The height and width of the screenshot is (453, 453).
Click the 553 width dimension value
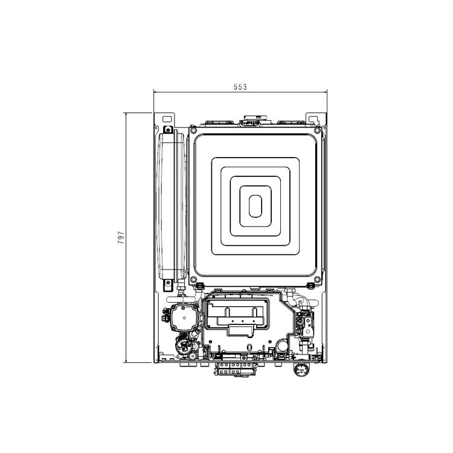click(240, 86)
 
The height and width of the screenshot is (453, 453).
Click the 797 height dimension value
click(121, 237)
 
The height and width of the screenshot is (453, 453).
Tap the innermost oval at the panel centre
click(255, 206)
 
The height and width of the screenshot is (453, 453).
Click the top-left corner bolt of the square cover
click(193, 130)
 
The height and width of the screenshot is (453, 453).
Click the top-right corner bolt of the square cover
click(317, 130)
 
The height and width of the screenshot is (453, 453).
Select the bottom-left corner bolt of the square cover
click(193, 280)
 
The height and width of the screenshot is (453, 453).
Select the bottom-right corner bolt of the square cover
click(317, 280)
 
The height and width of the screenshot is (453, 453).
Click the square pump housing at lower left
click(185, 317)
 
